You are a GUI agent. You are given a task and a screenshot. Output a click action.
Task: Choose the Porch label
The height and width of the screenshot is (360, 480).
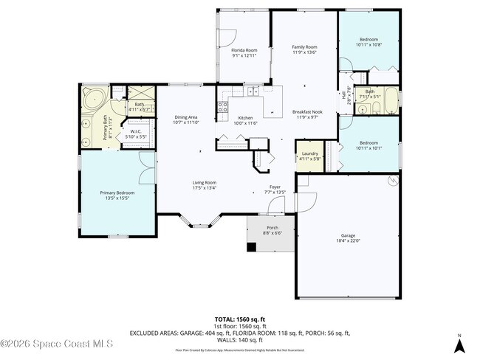(272, 230)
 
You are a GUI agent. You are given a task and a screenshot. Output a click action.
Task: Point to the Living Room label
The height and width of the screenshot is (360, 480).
(205, 184)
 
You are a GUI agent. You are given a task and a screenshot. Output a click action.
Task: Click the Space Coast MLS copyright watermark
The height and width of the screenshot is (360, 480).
(57, 343)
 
